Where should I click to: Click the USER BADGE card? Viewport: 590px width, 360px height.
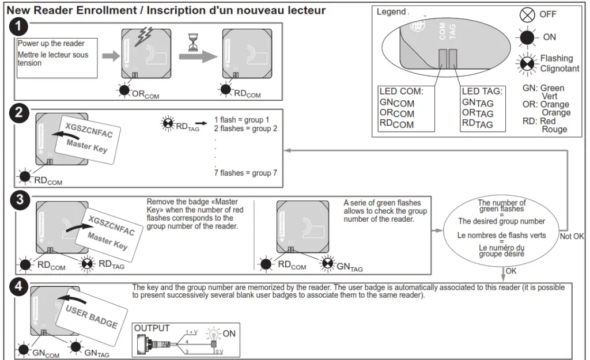[92, 316]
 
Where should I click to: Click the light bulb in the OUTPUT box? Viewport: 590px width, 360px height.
[214, 334]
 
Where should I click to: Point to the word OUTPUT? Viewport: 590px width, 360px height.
[152, 328]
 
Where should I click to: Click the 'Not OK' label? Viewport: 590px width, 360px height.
[572, 236]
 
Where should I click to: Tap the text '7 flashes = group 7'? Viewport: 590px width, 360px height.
[245, 173]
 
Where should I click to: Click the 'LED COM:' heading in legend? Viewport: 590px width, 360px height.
[401, 92]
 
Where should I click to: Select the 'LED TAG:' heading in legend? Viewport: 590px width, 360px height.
[482, 92]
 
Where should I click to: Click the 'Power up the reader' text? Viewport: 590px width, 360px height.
[51, 44]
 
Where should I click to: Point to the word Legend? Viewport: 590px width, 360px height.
[391, 12]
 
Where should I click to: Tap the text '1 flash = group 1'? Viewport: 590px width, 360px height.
[241, 120]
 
